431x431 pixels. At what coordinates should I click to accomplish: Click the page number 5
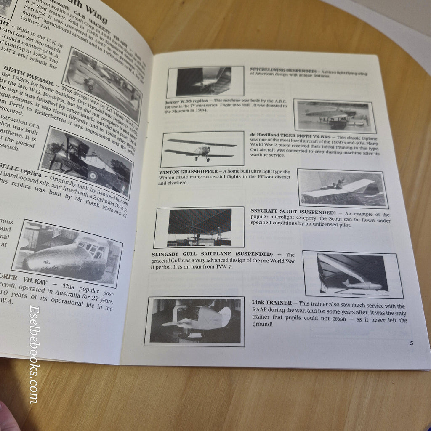tap(411, 343)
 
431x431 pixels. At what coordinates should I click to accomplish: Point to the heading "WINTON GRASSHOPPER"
tap(189, 172)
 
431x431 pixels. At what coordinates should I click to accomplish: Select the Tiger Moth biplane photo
tap(202, 149)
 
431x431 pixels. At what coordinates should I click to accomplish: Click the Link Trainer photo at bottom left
tap(194, 321)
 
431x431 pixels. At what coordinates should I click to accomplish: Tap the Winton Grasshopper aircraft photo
tap(342, 188)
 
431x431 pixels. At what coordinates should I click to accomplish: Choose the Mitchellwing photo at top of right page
tap(205, 82)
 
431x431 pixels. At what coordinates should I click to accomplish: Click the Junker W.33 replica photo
tap(333, 116)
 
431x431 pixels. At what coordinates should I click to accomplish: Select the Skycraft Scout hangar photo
tap(199, 227)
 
